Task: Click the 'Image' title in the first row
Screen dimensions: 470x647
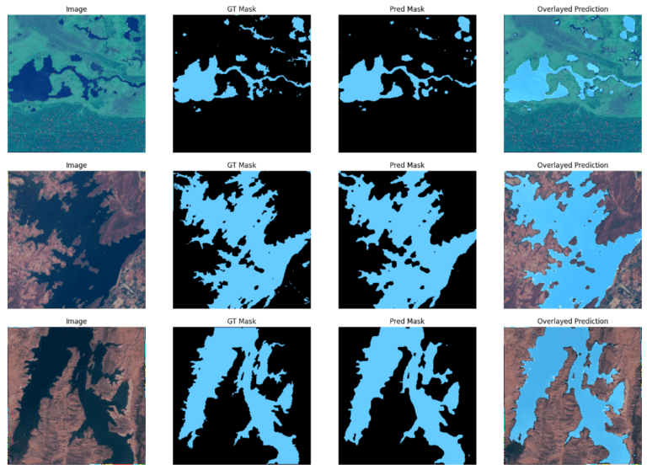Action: [x=77, y=9]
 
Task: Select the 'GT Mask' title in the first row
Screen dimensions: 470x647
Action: [x=242, y=9]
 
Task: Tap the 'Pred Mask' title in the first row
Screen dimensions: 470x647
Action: [x=407, y=9]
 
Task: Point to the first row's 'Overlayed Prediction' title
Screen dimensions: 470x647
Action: [x=572, y=9]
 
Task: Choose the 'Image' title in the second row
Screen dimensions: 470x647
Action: [x=77, y=165]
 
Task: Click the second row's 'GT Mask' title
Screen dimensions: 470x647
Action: [x=242, y=165]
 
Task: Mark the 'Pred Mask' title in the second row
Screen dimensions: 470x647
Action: [x=407, y=165]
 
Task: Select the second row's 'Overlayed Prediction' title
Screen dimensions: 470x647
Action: [x=572, y=165]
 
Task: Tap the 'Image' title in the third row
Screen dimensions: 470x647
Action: [x=77, y=321]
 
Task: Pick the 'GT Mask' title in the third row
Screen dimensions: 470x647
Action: [x=242, y=321]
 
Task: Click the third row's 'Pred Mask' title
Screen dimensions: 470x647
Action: [x=407, y=321]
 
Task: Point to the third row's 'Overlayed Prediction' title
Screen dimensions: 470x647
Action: [x=572, y=321]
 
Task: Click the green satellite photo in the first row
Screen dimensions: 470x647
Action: [x=77, y=84]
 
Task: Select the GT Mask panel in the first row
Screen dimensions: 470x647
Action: [x=242, y=84]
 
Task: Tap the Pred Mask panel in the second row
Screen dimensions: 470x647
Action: [x=407, y=240]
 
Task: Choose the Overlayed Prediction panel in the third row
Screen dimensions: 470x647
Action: [x=572, y=396]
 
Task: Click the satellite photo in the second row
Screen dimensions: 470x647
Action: [x=77, y=240]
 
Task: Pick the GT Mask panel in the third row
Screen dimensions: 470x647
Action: [x=242, y=396]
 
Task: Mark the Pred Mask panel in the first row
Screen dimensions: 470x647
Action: [x=407, y=84]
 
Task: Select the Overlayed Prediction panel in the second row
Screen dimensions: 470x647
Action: [x=572, y=240]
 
